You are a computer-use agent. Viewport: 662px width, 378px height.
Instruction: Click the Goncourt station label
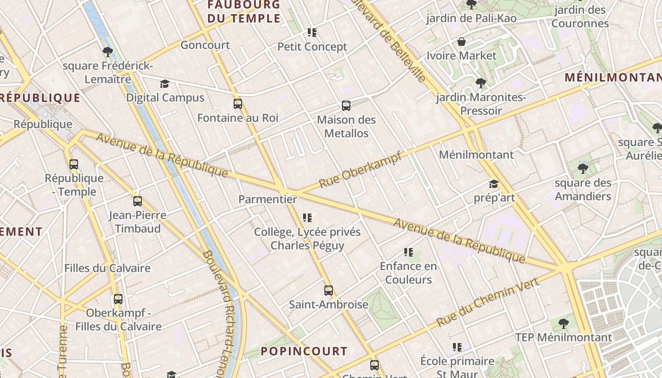[x=205, y=45]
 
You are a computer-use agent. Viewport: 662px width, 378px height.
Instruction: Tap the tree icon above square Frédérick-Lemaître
[x=107, y=52]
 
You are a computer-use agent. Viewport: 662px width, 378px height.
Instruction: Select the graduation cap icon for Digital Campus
[x=165, y=84]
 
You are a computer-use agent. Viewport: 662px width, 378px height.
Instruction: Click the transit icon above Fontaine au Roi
[x=238, y=104]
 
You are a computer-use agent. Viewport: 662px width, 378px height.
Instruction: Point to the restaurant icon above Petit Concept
[x=312, y=32]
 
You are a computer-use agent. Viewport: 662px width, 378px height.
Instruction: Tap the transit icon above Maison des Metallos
[x=346, y=106]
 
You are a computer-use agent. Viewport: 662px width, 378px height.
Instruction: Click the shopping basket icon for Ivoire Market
[x=462, y=42]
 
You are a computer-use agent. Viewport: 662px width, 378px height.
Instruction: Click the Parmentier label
[x=268, y=199]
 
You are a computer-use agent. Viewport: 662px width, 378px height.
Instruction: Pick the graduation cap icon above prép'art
[x=494, y=184]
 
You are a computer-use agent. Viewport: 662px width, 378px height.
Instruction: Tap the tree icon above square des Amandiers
[x=583, y=168]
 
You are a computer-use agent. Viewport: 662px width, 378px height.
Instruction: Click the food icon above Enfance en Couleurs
[x=409, y=252]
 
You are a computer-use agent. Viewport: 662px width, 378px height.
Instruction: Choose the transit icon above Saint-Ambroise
[x=329, y=290]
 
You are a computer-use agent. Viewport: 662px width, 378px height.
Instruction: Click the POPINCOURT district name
[x=304, y=351]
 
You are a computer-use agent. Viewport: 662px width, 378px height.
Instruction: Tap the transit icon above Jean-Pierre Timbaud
[x=138, y=201]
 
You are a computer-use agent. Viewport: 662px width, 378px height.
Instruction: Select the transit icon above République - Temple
[x=74, y=164]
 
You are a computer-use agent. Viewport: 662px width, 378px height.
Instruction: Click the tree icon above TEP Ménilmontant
[x=563, y=323]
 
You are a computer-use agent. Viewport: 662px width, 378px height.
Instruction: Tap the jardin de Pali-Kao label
[x=471, y=18]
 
